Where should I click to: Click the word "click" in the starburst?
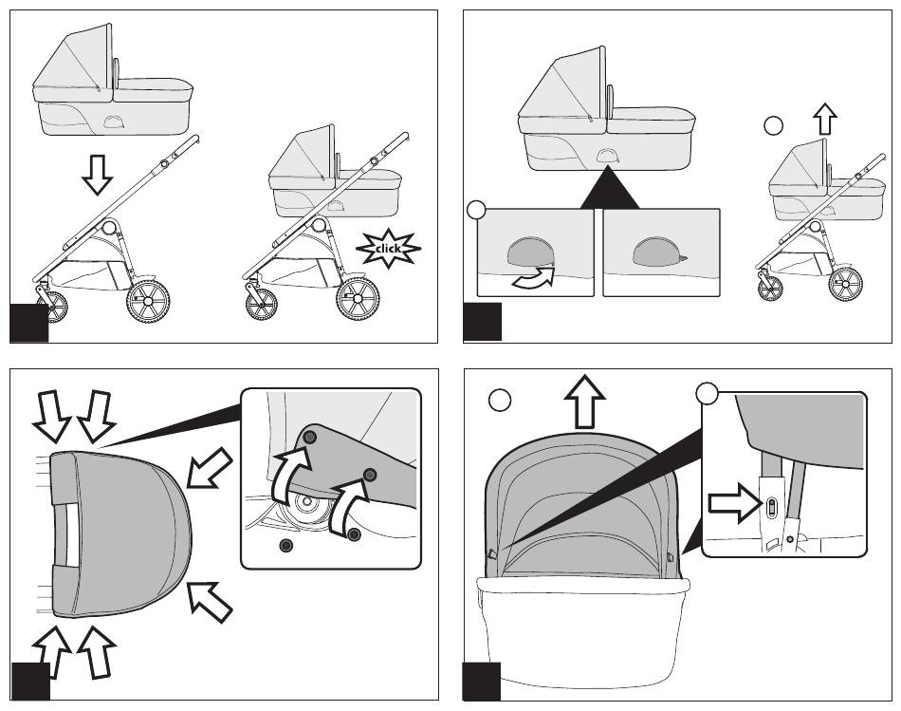(388, 250)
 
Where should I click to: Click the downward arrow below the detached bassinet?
(97, 174)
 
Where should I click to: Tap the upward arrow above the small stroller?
(825, 119)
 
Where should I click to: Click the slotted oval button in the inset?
(772, 508)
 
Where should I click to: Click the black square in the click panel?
(28, 323)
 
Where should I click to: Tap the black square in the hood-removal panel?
(481, 682)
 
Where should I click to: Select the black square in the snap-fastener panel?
(30, 682)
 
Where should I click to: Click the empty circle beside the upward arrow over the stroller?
(775, 124)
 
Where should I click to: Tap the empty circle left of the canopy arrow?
(500, 401)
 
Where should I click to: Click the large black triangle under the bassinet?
(609, 188)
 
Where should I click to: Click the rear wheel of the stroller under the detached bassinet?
(147, 301)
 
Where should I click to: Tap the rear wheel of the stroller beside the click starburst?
(358, 298)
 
